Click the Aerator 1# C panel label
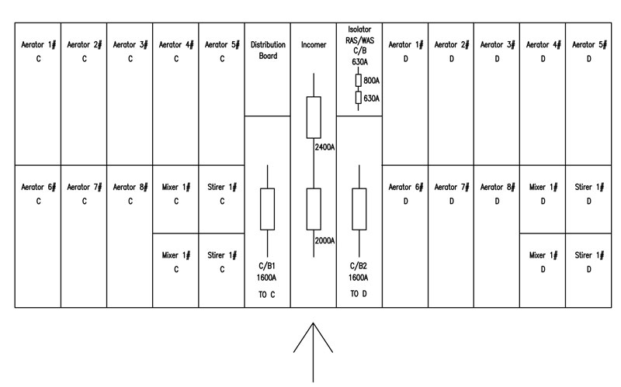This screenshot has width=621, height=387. [38, 51]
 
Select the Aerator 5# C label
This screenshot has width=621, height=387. [222, 51]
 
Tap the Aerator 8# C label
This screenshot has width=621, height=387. [130, 194]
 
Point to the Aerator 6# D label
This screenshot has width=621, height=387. [405, 194]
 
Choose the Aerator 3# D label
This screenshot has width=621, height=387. [498, 51]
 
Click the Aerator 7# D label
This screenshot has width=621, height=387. [452, 194]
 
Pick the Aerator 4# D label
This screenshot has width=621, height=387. [543, 51]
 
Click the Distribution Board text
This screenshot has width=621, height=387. [268, 50]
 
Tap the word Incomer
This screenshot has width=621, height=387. [314, 45]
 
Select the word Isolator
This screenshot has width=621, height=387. [359, 29]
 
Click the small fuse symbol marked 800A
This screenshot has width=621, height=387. [359, 81]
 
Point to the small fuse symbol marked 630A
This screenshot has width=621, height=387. [359, 98]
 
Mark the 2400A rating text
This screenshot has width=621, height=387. [324, 147]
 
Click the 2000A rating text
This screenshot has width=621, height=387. [324, 241]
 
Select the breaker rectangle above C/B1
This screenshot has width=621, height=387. [267, 209]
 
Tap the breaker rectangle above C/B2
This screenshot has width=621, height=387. [359, 209]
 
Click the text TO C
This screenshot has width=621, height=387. [267, 295]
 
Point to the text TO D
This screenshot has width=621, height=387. [359, 294]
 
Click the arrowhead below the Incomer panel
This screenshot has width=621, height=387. [314, 323]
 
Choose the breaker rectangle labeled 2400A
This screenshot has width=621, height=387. [314, 118]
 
